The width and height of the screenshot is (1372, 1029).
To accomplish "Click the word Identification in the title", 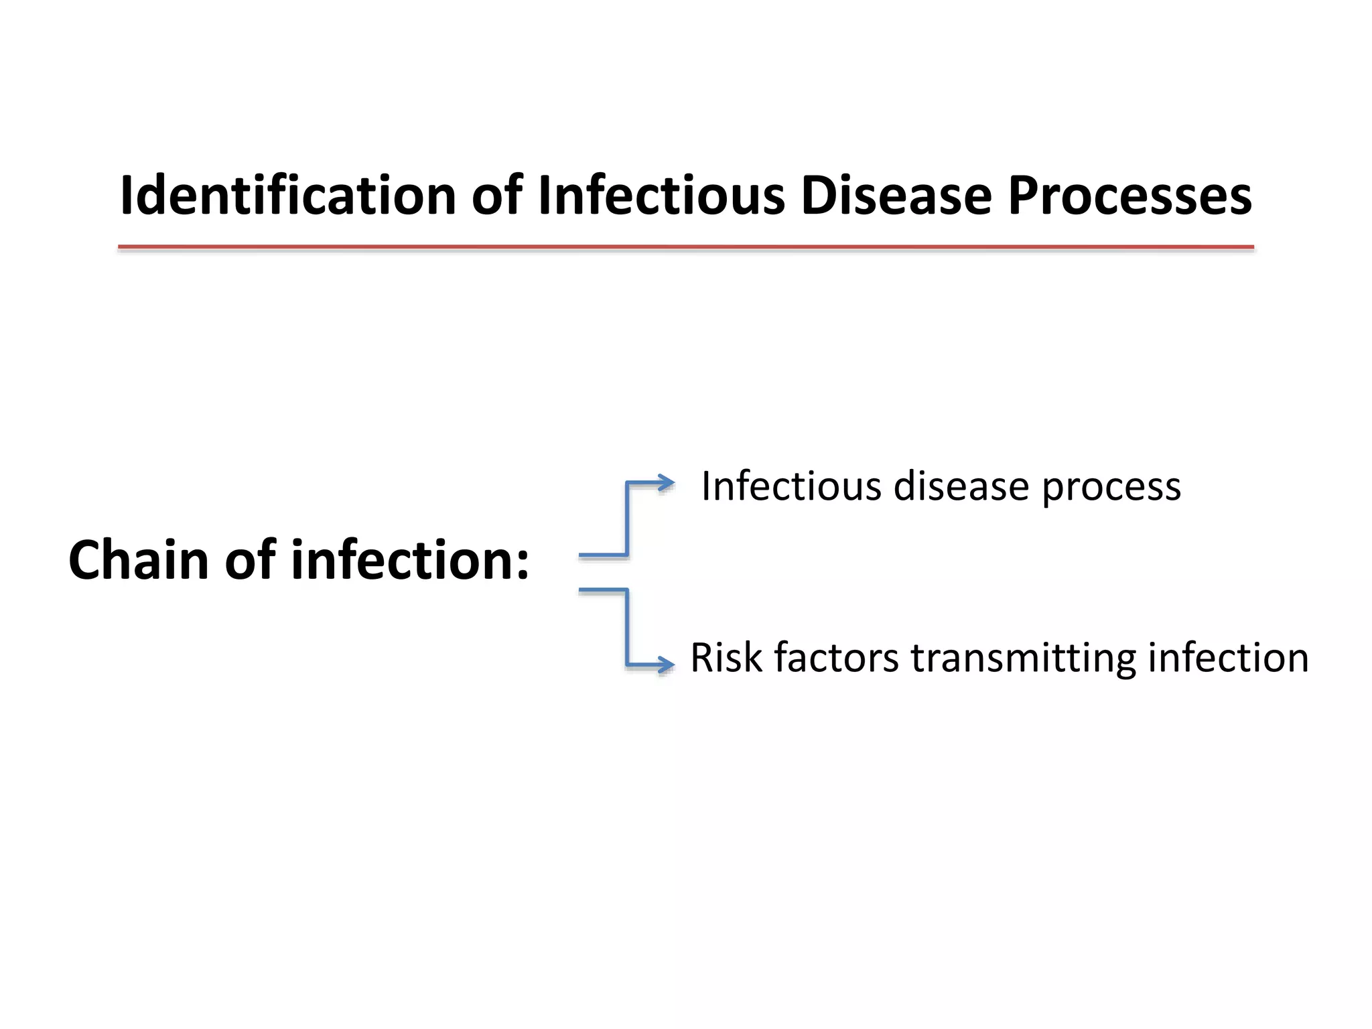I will (288, 196).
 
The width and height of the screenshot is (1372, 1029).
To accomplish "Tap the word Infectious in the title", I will (661, 196).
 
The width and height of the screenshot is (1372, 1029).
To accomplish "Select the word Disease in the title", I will (896, 196).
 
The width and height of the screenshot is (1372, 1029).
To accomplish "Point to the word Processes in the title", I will (1129, 197).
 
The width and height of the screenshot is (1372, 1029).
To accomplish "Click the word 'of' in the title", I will (496, 196).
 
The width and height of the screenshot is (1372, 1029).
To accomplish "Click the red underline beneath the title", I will (685, 247).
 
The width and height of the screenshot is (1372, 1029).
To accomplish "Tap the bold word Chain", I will (138, 560).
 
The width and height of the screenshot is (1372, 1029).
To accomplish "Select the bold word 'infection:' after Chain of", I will (410, 560).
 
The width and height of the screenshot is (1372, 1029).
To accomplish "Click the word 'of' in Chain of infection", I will (250, 560).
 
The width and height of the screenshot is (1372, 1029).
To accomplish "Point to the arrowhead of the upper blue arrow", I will (666, 482).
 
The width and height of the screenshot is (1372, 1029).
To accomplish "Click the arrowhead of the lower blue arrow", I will (666, 665).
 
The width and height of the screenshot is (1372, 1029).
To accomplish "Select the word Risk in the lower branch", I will (726, 657).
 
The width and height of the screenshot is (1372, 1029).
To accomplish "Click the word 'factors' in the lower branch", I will (836, 657).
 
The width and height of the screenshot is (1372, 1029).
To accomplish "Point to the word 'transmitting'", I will (1022, 659).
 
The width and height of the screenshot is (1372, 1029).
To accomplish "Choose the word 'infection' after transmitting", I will (1228, 657).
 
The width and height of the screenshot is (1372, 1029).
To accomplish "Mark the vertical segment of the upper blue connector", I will (627, 519).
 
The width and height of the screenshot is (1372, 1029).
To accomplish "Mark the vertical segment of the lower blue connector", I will (627, 627).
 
